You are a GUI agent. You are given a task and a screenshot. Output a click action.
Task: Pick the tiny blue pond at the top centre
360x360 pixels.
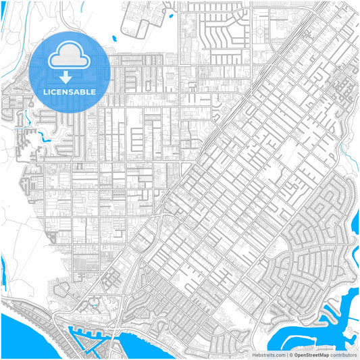(x=170, y=15)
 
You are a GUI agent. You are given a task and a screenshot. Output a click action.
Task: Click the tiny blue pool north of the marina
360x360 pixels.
(x=95, y=302)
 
